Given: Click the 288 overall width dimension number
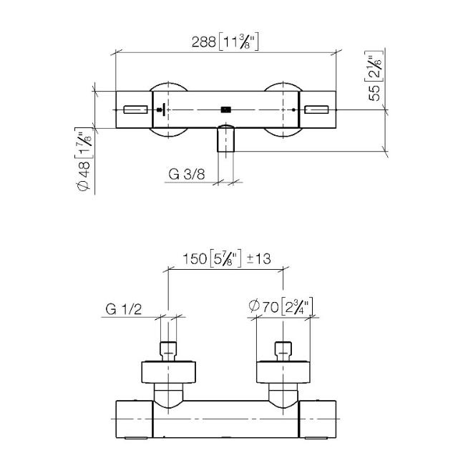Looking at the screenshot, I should click(x=204, y=42).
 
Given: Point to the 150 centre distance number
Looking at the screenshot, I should click(x=195, y=259).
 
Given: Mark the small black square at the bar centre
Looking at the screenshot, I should click(x=226, y=109).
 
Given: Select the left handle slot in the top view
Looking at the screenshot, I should click(x=135, y=109).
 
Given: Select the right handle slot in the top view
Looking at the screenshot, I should click(x=318, y=109).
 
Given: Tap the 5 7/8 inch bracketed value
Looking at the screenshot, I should click(x=225, y=259).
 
